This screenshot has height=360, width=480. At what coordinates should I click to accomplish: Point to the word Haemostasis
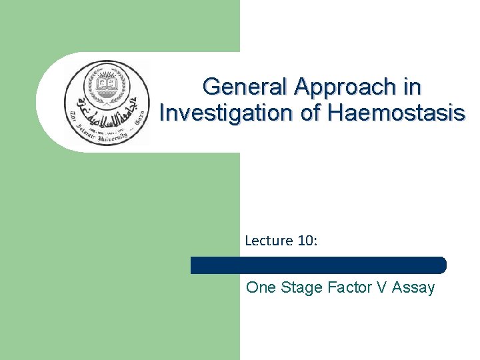click(x=396, y=113)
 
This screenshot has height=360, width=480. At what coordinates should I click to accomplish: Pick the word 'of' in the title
click(x=311, y=113)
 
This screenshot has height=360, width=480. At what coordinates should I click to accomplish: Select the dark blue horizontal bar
click(x=318, y=265)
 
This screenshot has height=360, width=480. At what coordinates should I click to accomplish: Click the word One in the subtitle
click(x=260, y=288)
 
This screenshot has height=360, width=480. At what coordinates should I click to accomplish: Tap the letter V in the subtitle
click(x=383, y=288)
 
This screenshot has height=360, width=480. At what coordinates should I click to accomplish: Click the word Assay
click(x=413, y=288)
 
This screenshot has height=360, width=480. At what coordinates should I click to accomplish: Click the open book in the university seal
click(x=107, y=87)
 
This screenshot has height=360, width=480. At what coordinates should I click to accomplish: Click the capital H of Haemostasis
click(x=335, y=113)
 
